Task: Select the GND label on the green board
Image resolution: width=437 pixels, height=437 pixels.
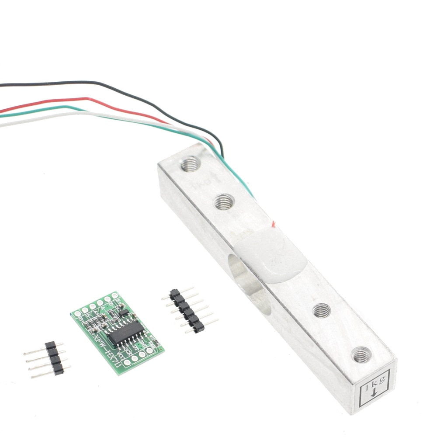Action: [142, 342]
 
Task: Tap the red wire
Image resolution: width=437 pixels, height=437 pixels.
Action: [87, 99]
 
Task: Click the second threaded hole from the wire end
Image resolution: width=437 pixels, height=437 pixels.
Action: [224, 201]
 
